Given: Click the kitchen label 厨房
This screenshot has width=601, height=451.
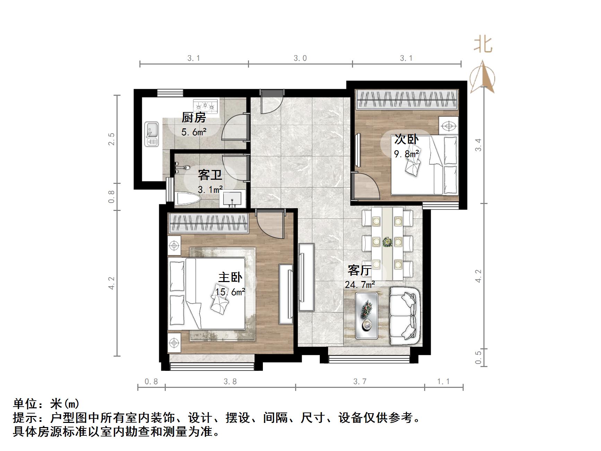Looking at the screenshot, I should (x=194, y=118).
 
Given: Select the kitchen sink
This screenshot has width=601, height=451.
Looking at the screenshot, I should (x=152, y=134).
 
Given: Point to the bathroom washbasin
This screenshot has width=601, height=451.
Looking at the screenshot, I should (x=232, y=199).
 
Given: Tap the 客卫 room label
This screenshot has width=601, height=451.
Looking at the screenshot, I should (x=210, y=175).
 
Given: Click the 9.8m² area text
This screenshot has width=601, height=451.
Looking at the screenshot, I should (x=406, y=154).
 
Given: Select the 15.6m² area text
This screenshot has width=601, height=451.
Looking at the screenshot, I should (x=230, y=292).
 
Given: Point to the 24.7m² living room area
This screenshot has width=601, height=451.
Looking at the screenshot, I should (x=360, y=285).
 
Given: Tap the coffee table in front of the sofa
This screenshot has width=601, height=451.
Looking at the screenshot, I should (x=366, y=315).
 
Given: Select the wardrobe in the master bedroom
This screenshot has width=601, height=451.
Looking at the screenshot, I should (x=208, y=223).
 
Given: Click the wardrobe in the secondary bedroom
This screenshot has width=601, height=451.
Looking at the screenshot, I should (x=406, y=100).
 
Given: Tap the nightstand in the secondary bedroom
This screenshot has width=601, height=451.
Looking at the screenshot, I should (x=448, y=126).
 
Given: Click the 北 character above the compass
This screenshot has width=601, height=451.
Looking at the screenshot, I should (x=483, y=45).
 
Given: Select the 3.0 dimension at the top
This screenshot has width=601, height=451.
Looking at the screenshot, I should (x=300, y=58).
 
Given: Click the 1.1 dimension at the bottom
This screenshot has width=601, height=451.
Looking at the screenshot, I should (x=443, y=382).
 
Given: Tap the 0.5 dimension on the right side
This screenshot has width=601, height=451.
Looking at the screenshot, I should (x=478, y=357).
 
